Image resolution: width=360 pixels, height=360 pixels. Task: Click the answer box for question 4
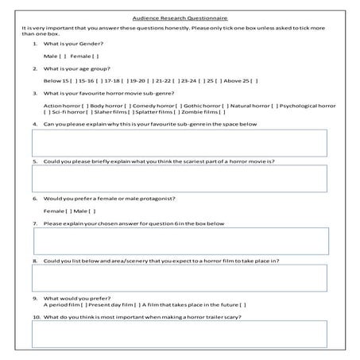(x=179, y=143)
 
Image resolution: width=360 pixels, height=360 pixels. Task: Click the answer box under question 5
(x=179, y=179)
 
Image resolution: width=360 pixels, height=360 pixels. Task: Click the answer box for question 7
(x=179, y=241)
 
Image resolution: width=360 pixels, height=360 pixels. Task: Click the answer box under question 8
(x=179, y=277)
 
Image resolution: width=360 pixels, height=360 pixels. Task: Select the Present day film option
(x=137, y=304)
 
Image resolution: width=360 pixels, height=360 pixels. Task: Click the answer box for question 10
(x=179, y=335)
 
